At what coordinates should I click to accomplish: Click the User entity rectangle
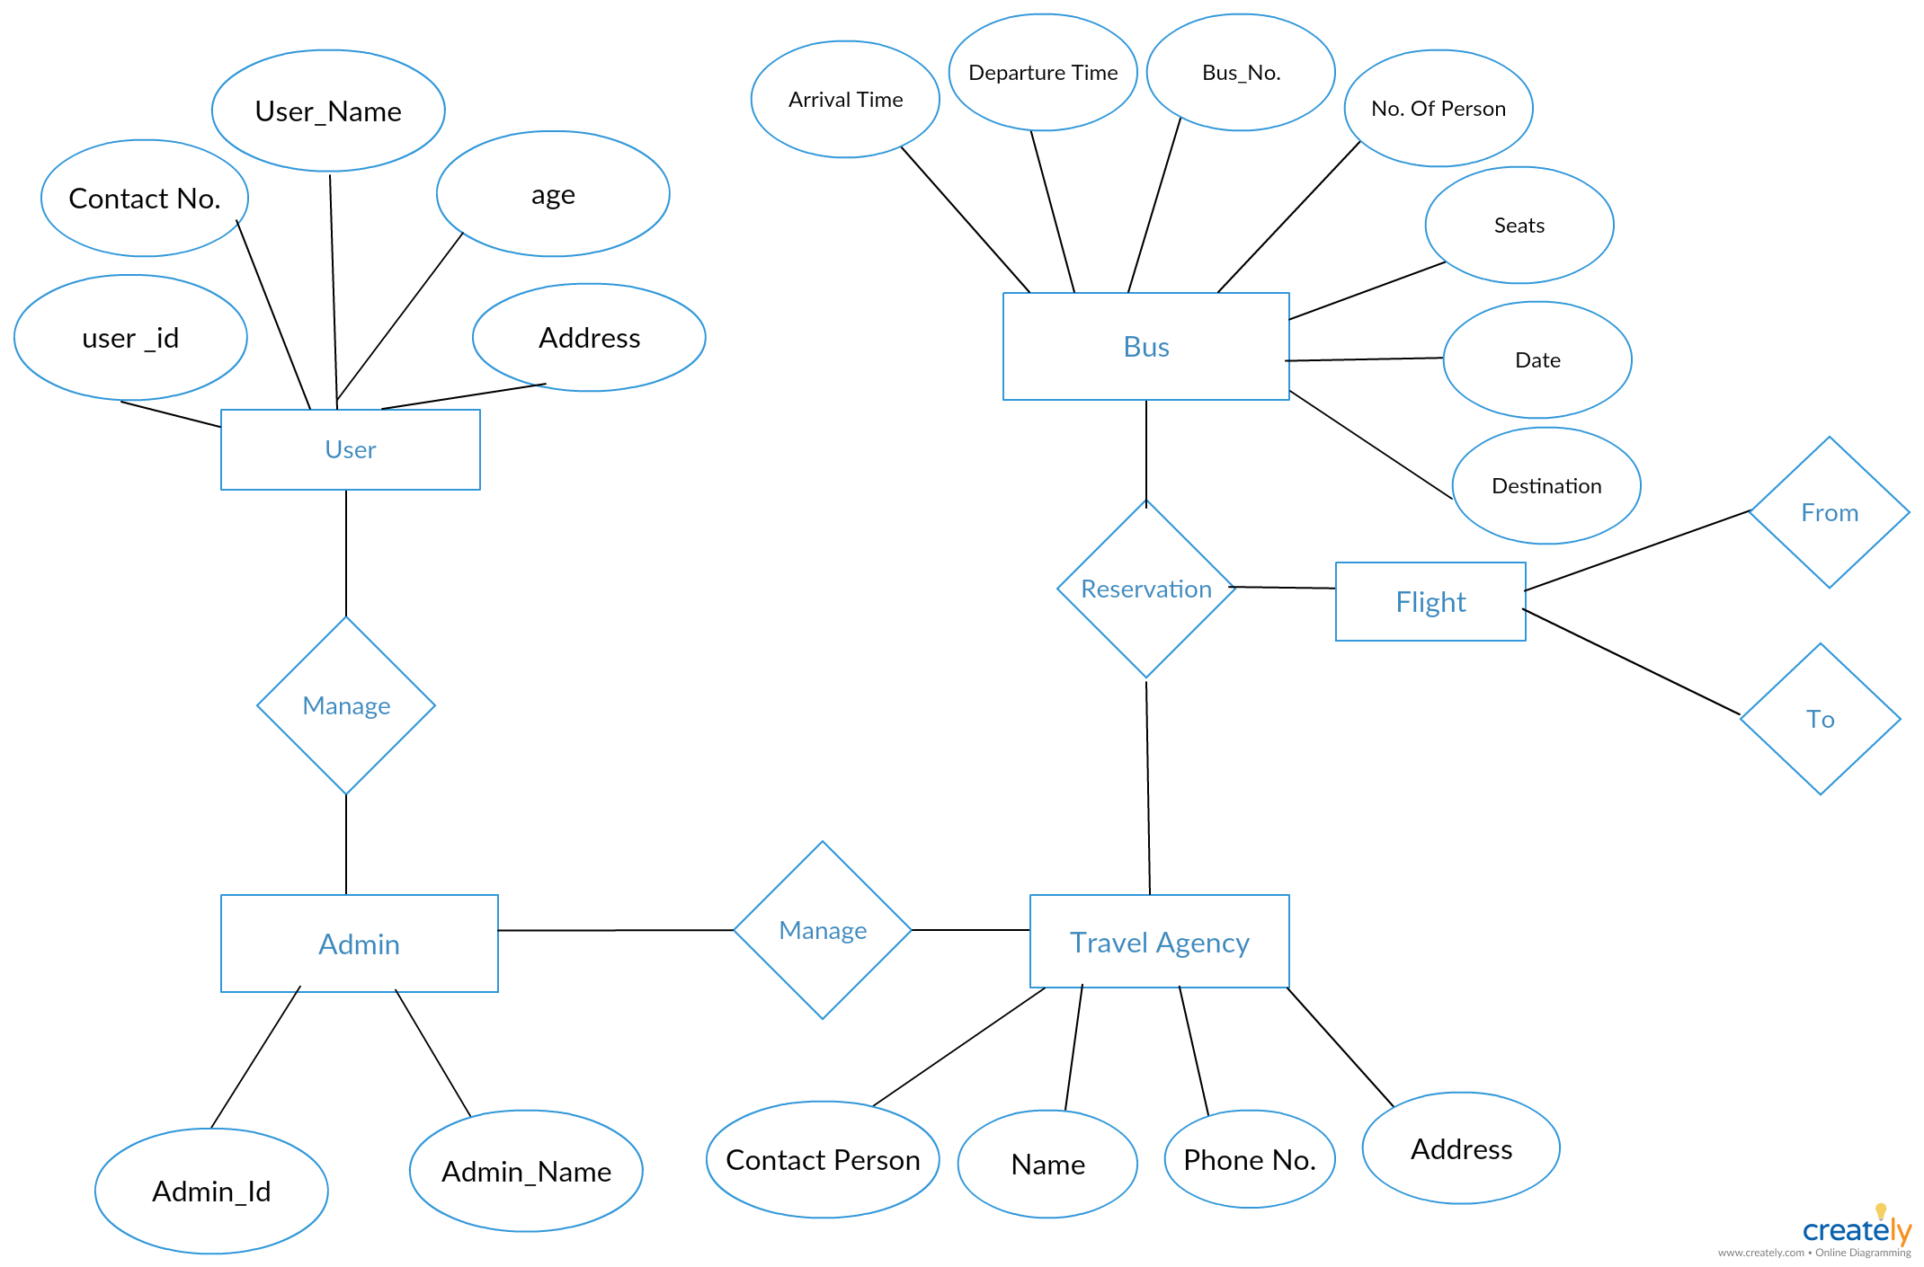coord(351,449)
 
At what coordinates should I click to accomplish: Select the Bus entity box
coord(1146,346)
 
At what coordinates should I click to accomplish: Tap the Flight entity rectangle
coord(1430,601)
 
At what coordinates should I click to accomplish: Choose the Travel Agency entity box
coord(1160,941)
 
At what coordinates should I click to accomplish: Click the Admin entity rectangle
coord(360,944)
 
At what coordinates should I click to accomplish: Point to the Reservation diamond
coord(1146,589)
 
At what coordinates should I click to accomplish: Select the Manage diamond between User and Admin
coord(346,705)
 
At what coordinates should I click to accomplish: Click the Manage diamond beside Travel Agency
coord(823,930)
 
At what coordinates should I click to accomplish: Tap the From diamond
coord(1830,512)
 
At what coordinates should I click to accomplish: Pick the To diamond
coord(1821,719)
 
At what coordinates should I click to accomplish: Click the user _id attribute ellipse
coord(130,337)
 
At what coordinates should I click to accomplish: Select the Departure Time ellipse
coord(1043,72)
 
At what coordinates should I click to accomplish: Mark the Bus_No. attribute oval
coord(1241,72)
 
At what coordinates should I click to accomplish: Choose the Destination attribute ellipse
coord(1546,485)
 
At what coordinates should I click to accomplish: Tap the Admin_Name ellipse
coord(526,1171)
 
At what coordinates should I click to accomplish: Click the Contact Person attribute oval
coord(823,1159)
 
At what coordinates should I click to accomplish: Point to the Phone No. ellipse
coord(1250,1159)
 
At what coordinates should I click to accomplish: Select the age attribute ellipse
coord(553,193)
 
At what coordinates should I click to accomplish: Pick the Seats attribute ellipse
coord(1519,225)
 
